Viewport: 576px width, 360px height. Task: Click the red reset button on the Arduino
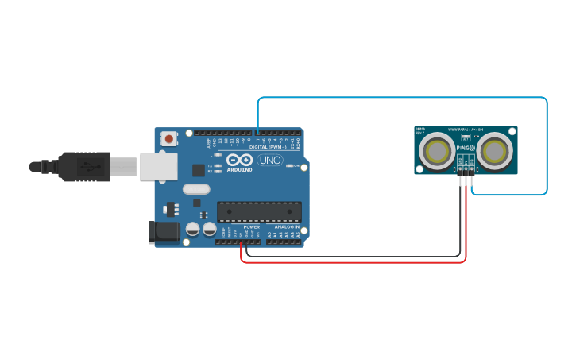168,138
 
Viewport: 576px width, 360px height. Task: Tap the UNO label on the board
270,160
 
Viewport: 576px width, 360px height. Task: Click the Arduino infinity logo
239,159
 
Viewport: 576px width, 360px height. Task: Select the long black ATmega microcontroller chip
260,211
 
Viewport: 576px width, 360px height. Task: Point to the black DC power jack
161,232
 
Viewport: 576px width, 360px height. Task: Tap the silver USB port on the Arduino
158,166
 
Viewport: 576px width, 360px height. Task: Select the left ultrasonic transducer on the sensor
436,150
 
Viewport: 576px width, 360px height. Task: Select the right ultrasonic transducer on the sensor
494,150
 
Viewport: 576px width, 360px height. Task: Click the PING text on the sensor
463,148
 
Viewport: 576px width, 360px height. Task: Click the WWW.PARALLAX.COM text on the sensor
466,130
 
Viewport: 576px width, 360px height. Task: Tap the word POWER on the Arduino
251,226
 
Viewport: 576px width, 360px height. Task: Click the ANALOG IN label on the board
288,226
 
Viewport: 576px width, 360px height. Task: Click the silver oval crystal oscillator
196,189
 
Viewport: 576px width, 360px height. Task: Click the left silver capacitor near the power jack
192,229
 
